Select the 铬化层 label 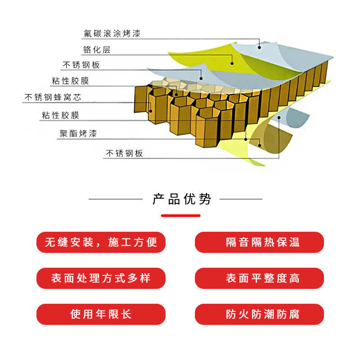[96, 49]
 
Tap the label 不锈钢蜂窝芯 [53, 97]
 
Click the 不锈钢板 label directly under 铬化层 [81, 65]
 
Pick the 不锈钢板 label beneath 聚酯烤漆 [124, 153]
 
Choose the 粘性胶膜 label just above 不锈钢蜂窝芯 [70, 81]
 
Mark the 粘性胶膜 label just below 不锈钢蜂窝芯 [60, 116]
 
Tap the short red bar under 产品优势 [180, 216]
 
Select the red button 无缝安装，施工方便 [101, 242]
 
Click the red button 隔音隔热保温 [259, 242]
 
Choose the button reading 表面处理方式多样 [101, 278]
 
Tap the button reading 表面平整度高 [259, 278]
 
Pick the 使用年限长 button [101, 314]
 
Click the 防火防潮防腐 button [259, 314]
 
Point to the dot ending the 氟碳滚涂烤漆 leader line [259, 47]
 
